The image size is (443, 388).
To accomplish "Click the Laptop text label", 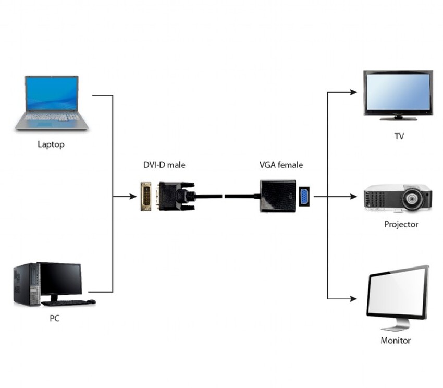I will pos(51,144).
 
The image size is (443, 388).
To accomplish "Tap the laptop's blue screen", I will pos(52,94).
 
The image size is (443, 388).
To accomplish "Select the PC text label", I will pos(54,318).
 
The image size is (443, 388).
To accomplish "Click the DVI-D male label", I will pos(164,165).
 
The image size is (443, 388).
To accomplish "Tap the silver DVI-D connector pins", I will pos(146,196).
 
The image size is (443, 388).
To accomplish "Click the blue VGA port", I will pos(304,196).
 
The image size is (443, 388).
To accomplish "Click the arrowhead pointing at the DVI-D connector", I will pos(133,197).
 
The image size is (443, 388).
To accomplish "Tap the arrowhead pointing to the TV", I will pos(353,92).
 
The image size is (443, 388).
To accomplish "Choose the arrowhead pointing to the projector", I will pos(353,197).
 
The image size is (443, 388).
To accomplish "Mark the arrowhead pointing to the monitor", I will pos(353,299).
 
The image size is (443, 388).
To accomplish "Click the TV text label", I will pos(399,137).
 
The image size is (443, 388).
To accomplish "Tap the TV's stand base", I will pos(398,118).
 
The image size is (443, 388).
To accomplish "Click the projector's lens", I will pos(412,198).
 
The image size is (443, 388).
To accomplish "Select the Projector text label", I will pos(401,224).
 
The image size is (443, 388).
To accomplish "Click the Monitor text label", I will pos(396,341).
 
